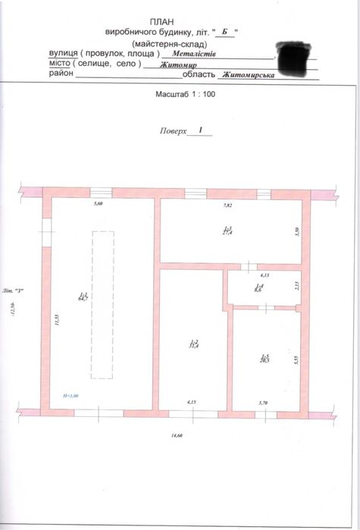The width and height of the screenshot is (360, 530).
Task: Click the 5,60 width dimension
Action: click(x=98, y=205)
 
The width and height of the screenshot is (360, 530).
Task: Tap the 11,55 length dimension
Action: click(x=56, y=320)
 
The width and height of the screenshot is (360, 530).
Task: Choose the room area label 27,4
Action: click(x=227, y=231)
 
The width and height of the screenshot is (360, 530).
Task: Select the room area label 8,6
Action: click(x=259, y=287)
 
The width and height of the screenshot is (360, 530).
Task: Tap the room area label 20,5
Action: click(x=264, y=359)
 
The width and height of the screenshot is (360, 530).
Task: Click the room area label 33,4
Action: click(x=194, y=344)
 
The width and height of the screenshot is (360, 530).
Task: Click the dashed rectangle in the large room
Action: click(x=101, y=303)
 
